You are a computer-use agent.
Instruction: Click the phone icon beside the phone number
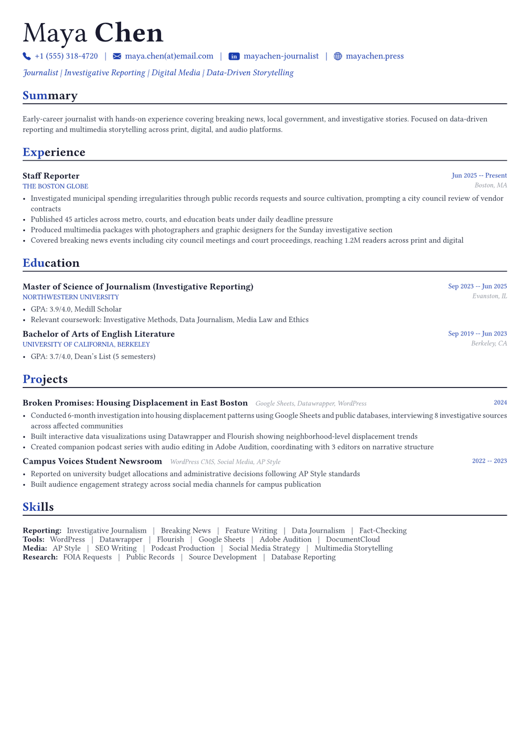[x=26, y=56]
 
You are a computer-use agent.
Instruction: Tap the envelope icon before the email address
[x=117, y=56]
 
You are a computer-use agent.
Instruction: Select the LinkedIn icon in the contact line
[x=234, y=56]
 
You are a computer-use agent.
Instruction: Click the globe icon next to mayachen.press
[x=338, y=56]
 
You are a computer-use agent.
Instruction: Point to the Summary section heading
[x=50, y=95]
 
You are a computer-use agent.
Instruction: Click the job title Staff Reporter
[x=51, y=176]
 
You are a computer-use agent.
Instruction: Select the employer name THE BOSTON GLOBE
[x=55, y=187]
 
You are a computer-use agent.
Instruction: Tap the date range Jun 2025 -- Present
[x=479, y=176]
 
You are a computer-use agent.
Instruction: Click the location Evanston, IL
[x=489, y=296]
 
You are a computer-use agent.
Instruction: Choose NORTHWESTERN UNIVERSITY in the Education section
[x=71, y=297]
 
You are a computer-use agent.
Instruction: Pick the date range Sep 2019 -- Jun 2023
[x=477, y=334]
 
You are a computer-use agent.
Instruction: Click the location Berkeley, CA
[x=489, y=343]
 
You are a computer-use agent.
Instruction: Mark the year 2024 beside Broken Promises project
[x=500, y=403]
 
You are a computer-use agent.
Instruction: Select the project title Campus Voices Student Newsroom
[x=92, y=461]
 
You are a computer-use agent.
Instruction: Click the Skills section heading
[x=38, y=507]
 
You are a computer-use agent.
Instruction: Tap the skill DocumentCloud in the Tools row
[x=353, y=539]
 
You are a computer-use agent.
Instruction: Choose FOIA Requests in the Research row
[x=87, y=557]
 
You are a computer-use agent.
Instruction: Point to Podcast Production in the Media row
[x=183, y=548]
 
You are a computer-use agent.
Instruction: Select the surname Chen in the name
[x=129, y=33]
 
